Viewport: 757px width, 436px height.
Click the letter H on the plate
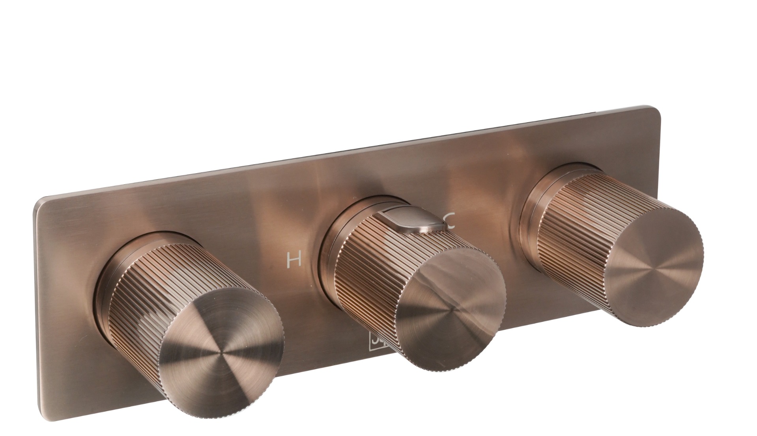coord(294,260)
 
